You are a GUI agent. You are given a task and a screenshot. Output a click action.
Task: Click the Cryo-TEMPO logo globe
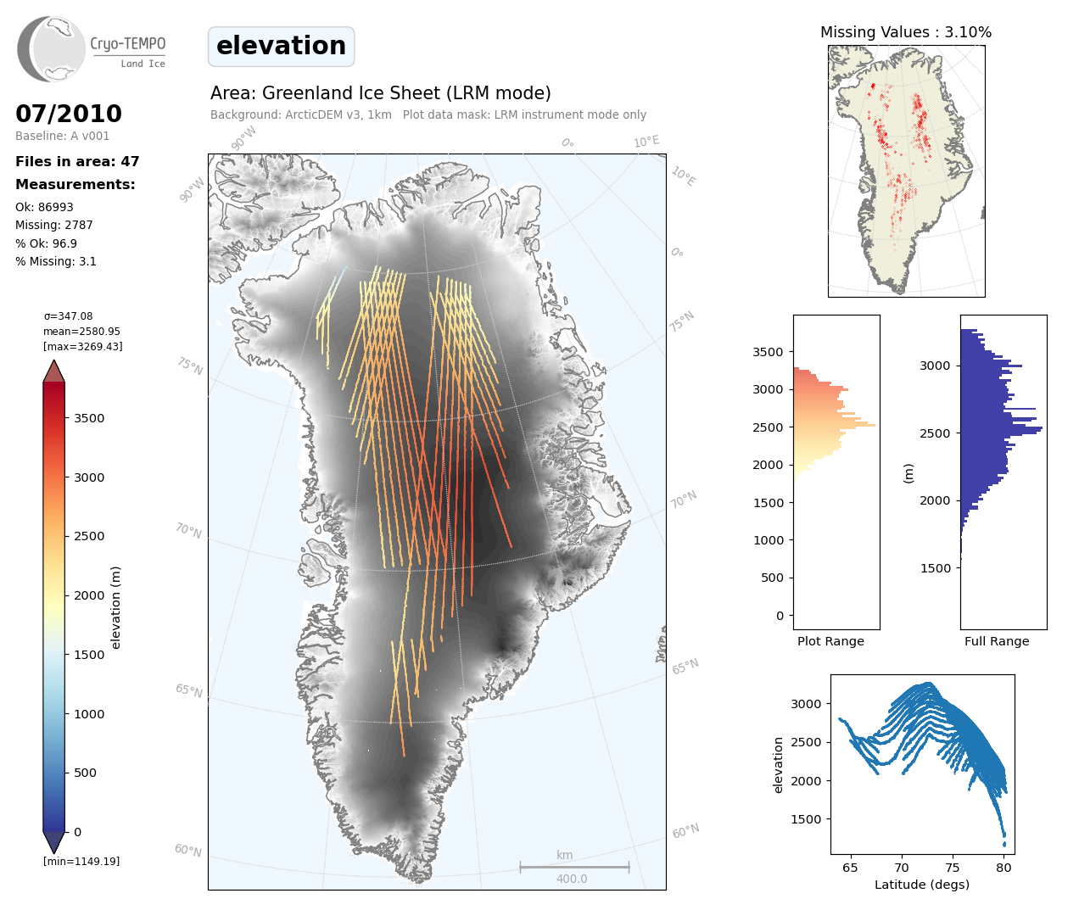pos(51,48)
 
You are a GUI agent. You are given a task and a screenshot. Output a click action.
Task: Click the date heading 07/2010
pos(69,114)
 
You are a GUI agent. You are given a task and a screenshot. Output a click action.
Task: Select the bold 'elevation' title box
pos(281,47)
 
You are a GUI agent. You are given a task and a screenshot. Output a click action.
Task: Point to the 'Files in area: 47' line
pos(77,162)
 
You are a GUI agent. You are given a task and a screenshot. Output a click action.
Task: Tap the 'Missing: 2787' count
pos(54,226)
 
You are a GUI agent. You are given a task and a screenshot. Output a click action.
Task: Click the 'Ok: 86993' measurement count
pos(44,207)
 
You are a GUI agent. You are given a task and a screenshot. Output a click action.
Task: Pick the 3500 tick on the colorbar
pos(89,418)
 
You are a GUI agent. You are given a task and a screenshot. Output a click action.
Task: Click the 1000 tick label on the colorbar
pos(89,714)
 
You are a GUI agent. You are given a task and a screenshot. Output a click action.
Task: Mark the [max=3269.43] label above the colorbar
pos(83,347)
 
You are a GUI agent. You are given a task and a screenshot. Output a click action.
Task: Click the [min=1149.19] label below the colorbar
pos(81,862)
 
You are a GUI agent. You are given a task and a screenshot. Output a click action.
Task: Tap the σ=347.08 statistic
pos(68,316)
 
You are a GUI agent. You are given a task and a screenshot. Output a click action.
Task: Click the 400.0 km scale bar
pos(574,868)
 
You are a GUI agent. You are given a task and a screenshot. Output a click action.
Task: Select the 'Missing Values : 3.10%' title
pos(906,32)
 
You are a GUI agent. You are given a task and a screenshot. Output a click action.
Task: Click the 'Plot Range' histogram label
pos(830,641)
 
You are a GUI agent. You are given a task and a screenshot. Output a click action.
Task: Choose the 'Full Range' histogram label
pos(997,641)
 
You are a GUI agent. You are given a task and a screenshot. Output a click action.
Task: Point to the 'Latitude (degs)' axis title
pos(922,885)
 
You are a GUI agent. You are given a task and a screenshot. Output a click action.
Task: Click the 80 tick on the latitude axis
pos(1004,868)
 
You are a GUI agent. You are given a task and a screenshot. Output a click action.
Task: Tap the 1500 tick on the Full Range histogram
pos(935,568)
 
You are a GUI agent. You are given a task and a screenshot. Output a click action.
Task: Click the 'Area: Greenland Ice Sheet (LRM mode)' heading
pos(381,93)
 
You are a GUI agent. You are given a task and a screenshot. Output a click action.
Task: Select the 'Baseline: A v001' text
pos(63,136)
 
